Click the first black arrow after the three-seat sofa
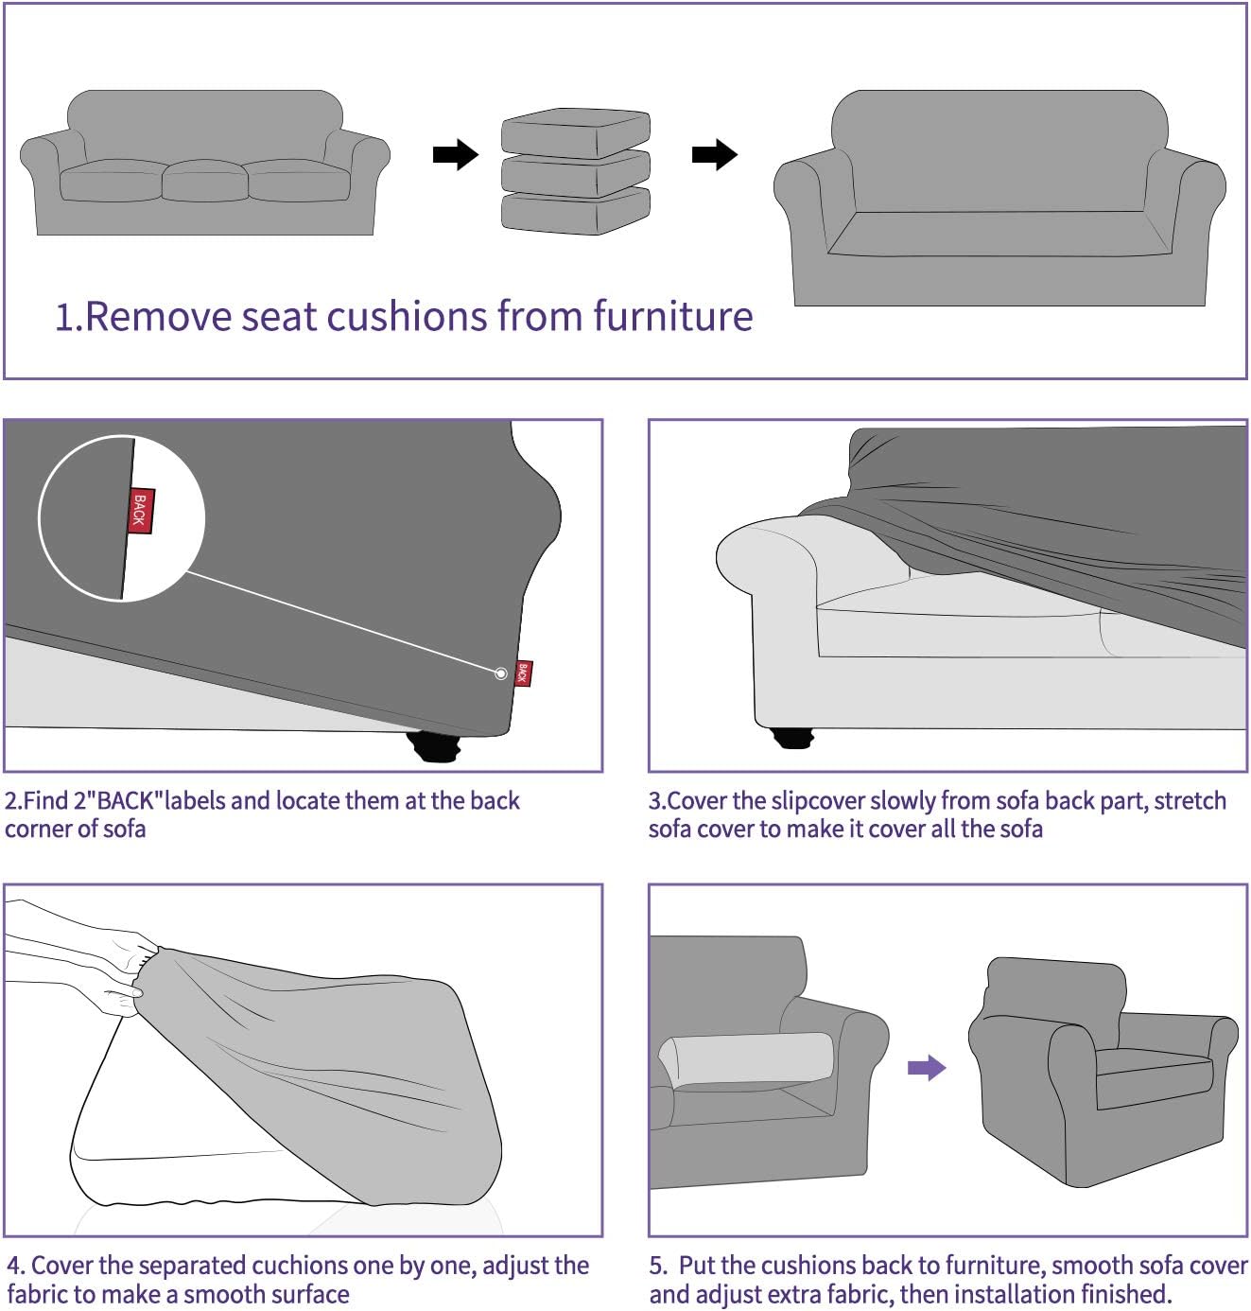pyautogui.click(x=455, y=154)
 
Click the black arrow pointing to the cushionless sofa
pyautogui.click(x=714, y=154)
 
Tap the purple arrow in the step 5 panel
pyautogui.click(x=926, y=1068)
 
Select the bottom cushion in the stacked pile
pyautogui.click(x=575, y=212)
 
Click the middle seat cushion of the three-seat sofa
pyautogui.click(x=204, y=180)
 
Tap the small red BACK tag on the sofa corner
pyautogui.click(x=523, y=673)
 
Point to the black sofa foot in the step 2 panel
pyautogui.click(x=434, y=747)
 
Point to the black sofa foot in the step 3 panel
pyautogui.click(x=791, y=738)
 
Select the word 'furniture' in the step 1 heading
pyautogui.click(x=672, y=317)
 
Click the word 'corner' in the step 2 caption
pyautogui.click(x=37, y=830)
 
